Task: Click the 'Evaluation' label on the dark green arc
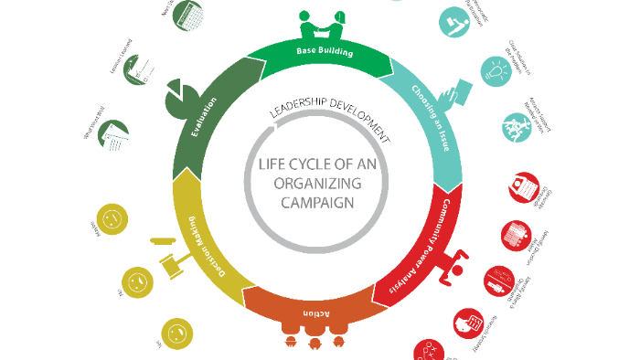click(x=202, y=114)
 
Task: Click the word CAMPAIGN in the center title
click(x=317, y=204)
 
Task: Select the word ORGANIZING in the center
click(x=317, y=184)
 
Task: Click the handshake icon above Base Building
click(x=321, y=21)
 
